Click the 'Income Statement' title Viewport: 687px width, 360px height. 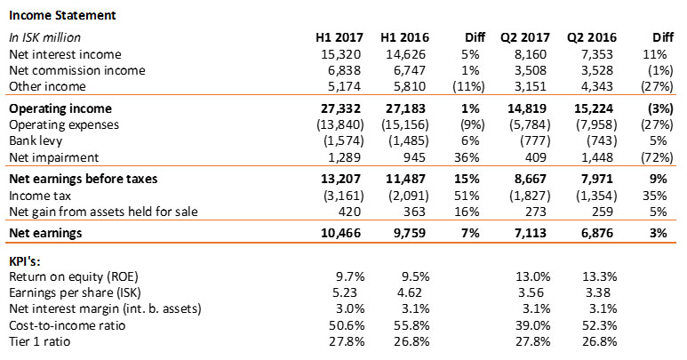point(57,15)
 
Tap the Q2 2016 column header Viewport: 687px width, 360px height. point(590,37)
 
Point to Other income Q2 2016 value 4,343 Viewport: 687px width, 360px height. point(597,86)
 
